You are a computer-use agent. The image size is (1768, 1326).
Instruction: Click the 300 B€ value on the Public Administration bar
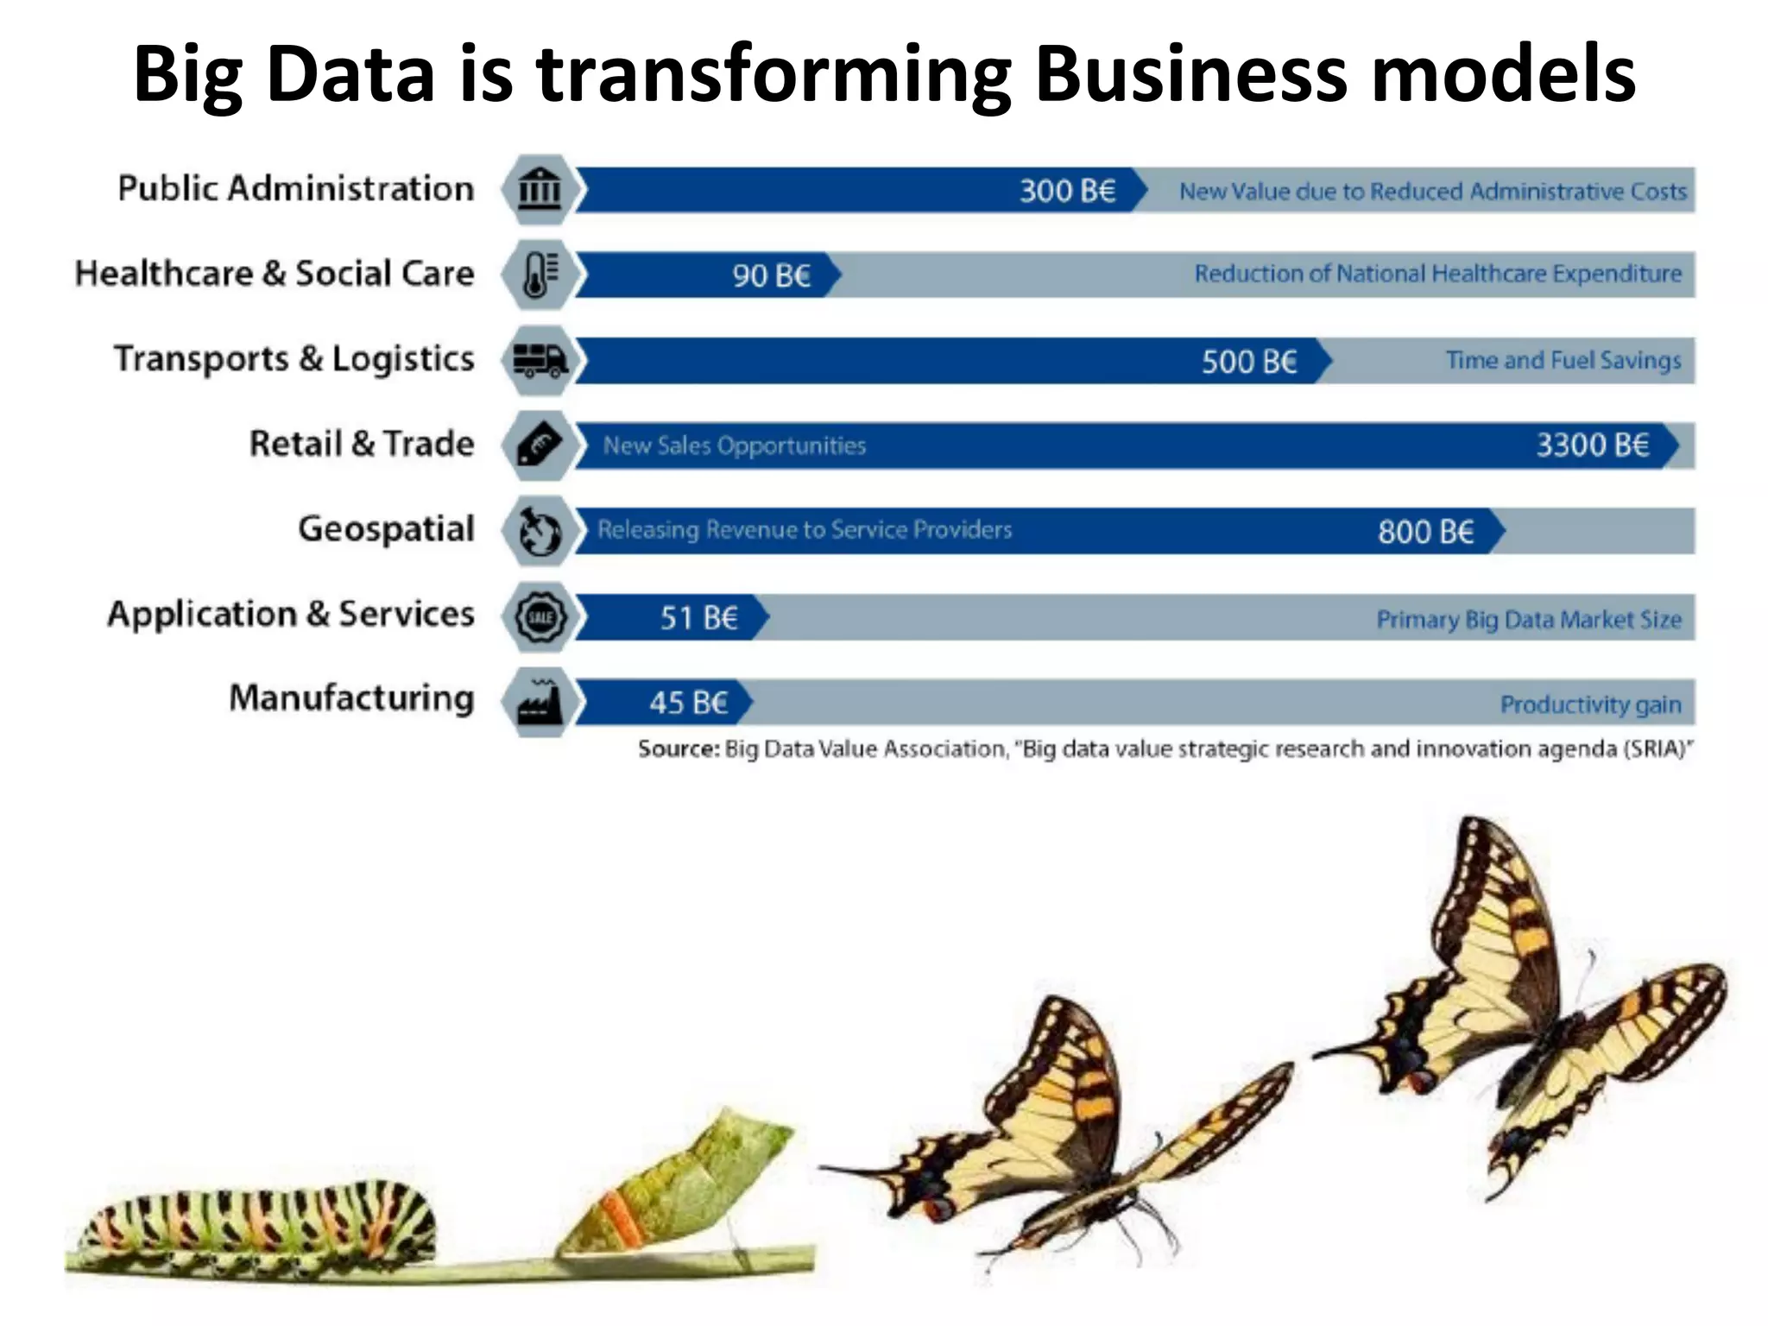(x=1067, y=191)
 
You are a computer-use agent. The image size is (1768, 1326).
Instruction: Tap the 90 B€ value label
(x=771, y=276)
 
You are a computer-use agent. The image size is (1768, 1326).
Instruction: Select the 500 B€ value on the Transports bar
(x=1248, y=362)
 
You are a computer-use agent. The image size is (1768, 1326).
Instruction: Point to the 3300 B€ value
(x=1592, y=445)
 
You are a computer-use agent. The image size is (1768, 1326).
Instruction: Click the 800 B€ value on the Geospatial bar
(x=1424, y=532)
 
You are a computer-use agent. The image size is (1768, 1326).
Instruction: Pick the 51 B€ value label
(x=698, y=618)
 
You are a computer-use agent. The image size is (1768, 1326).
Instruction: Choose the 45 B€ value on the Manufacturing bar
(x=688, y=703)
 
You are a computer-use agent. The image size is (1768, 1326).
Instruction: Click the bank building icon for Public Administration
(x=540, y=189)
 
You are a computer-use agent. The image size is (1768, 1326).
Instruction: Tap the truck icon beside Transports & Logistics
(x=540, y=360)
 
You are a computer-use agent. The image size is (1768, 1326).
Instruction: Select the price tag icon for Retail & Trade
(x=540, y=445)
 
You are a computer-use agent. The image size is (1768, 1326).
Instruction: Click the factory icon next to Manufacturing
(x=540, y=702)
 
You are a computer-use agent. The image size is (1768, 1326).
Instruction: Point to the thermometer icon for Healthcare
(x=540, y=275)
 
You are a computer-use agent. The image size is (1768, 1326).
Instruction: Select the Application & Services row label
(x=291, y=614)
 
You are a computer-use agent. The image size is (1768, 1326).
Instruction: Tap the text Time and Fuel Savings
(x=1563, y=360)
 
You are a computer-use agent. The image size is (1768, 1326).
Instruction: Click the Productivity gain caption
(x=1590, y=704)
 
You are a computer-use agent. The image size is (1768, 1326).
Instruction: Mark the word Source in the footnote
(x=678, y=748)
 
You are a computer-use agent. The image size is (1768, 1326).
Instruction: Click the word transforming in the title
(x=773, y=75)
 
